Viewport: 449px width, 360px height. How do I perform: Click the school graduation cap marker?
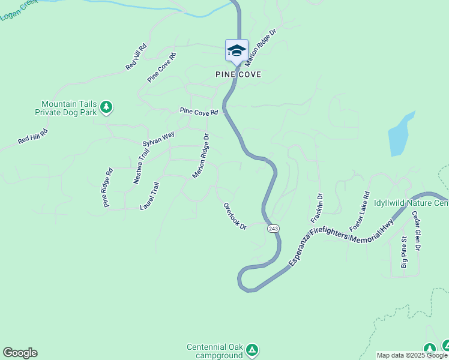237,50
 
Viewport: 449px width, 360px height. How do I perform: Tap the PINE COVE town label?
239,75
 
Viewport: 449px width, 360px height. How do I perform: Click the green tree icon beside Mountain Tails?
106,107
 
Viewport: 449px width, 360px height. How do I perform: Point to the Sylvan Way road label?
158,139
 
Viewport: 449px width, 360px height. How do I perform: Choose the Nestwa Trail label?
140,166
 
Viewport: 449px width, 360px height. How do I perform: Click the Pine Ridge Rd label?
108,187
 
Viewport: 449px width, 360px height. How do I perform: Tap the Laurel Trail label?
149,196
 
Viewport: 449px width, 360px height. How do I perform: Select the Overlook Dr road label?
235,216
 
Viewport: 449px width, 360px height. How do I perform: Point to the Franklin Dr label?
316,208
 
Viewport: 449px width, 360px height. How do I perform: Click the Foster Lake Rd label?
360,211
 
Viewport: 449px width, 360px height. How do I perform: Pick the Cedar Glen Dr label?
415,231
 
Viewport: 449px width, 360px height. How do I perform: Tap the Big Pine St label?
404,252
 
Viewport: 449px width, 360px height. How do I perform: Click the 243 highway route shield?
273,229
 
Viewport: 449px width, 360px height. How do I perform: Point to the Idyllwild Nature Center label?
411,203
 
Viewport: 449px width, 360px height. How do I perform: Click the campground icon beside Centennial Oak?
253,349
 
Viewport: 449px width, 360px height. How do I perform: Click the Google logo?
20,353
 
